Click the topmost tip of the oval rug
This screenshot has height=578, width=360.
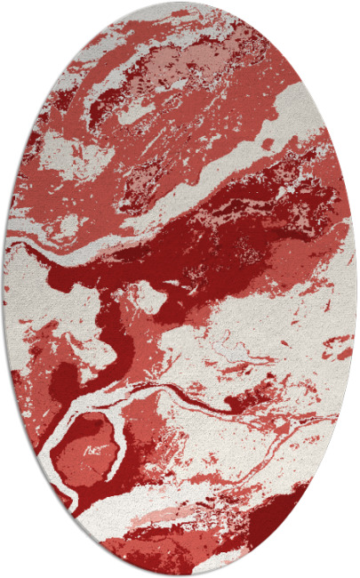[x=180, y=3]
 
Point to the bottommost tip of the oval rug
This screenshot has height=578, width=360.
[x=180, y=575]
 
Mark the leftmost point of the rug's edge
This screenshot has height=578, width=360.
[x=4, y=289]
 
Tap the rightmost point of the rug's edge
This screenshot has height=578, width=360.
[x=356, y=289]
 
